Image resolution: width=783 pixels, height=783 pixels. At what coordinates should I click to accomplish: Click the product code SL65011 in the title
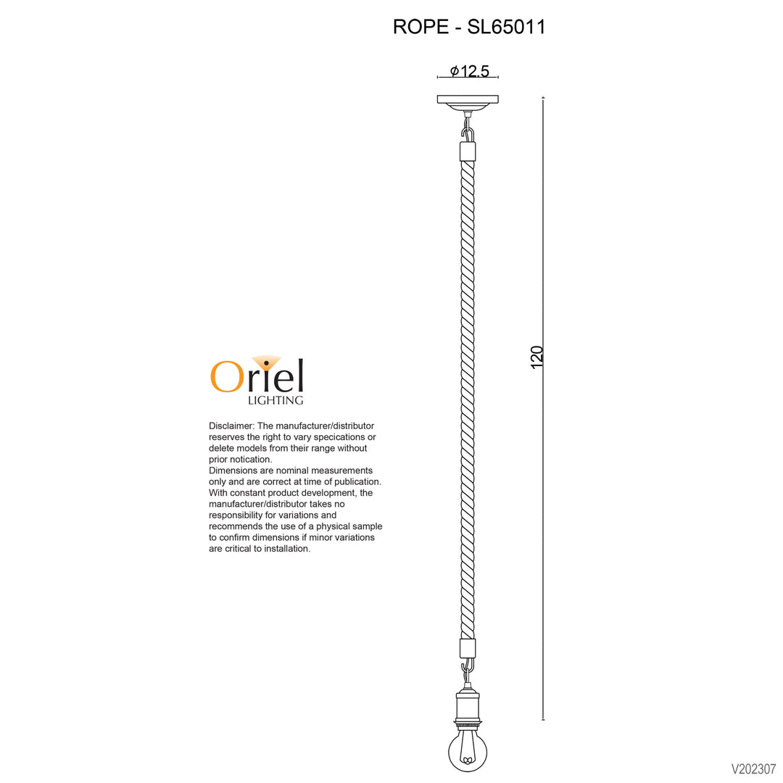coord(506,27)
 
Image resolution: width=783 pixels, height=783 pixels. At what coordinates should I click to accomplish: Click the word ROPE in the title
coord(420,27)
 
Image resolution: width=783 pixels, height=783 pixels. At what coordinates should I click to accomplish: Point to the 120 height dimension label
coord(536,357)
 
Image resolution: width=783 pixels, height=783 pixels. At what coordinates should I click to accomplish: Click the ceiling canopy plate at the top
coord(468,103)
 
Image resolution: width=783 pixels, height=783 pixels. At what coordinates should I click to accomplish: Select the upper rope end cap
coord(468,152)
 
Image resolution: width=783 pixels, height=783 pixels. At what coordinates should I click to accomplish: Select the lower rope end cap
coord(468,649)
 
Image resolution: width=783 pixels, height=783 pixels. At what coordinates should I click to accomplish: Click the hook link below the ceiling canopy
coord(468,131)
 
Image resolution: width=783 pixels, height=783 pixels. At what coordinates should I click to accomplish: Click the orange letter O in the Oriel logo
coord(227,376)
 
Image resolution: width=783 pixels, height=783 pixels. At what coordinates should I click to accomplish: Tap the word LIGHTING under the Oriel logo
coord(275,400)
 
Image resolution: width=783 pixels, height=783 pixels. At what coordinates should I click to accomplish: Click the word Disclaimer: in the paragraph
coord(232,426)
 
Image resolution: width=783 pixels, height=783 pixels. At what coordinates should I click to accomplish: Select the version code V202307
coord(754,768)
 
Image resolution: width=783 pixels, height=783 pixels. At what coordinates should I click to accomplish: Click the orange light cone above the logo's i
coord(266,362)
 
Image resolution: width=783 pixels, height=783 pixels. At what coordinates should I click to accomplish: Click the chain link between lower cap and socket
coord(468,671)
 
